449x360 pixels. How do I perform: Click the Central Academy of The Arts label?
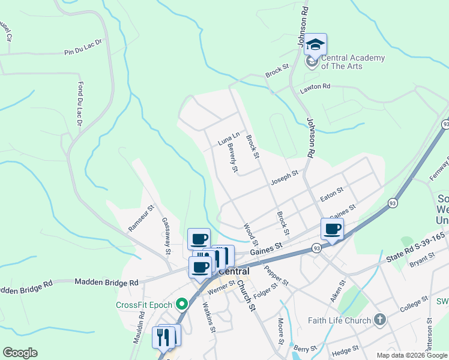coord(353,62)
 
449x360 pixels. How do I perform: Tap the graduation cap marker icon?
coord(316,45)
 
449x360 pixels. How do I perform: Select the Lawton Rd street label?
coord(315,88)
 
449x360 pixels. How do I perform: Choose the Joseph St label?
coord(284,176)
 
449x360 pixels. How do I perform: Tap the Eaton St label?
coord(331,192)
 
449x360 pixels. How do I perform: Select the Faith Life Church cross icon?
coord(379,320)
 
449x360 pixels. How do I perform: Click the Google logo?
coord(20,353)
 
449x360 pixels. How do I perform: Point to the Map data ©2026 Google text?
coord(411,355)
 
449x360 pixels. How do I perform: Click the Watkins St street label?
coord(209,316)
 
